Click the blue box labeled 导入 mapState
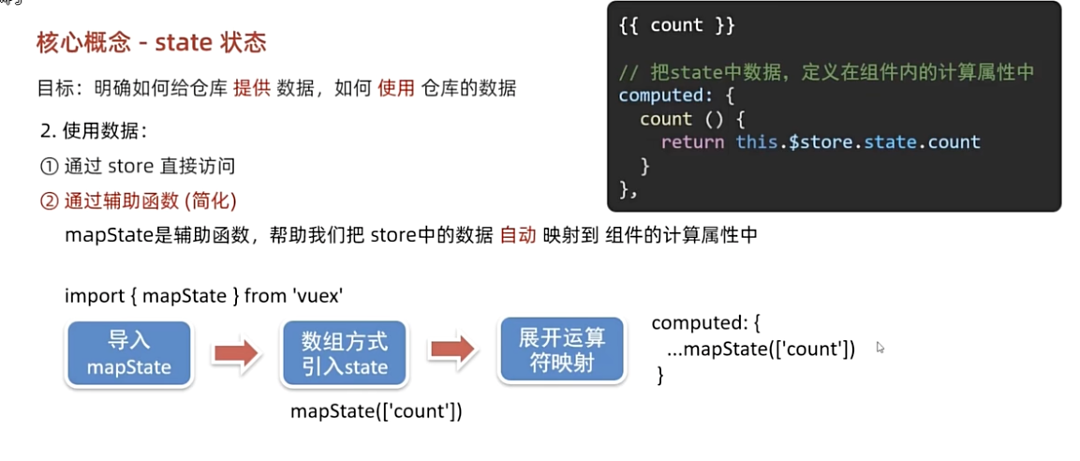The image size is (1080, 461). tap(129, 353)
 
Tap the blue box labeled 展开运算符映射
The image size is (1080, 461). tap(562, 350)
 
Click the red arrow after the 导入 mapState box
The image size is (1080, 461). tap(235, 352)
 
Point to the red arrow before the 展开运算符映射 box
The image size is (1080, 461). tap(452, 350)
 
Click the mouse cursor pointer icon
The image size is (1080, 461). tap(880, 348)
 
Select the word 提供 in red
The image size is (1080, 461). tap(252, 89)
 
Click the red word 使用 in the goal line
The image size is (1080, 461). tap(396, 89)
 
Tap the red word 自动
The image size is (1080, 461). tap(518, 235)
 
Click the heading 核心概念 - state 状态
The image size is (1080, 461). tap(151, 42)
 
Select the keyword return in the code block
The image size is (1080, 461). tap(692, 142)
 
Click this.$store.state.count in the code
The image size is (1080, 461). tap(858, 142)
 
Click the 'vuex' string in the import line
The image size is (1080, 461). tap(318, 296)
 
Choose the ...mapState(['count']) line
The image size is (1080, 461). tap(761, 349)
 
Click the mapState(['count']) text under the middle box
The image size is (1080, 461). tap(377, 410)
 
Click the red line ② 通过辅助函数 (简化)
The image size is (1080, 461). tap(138, 201)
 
